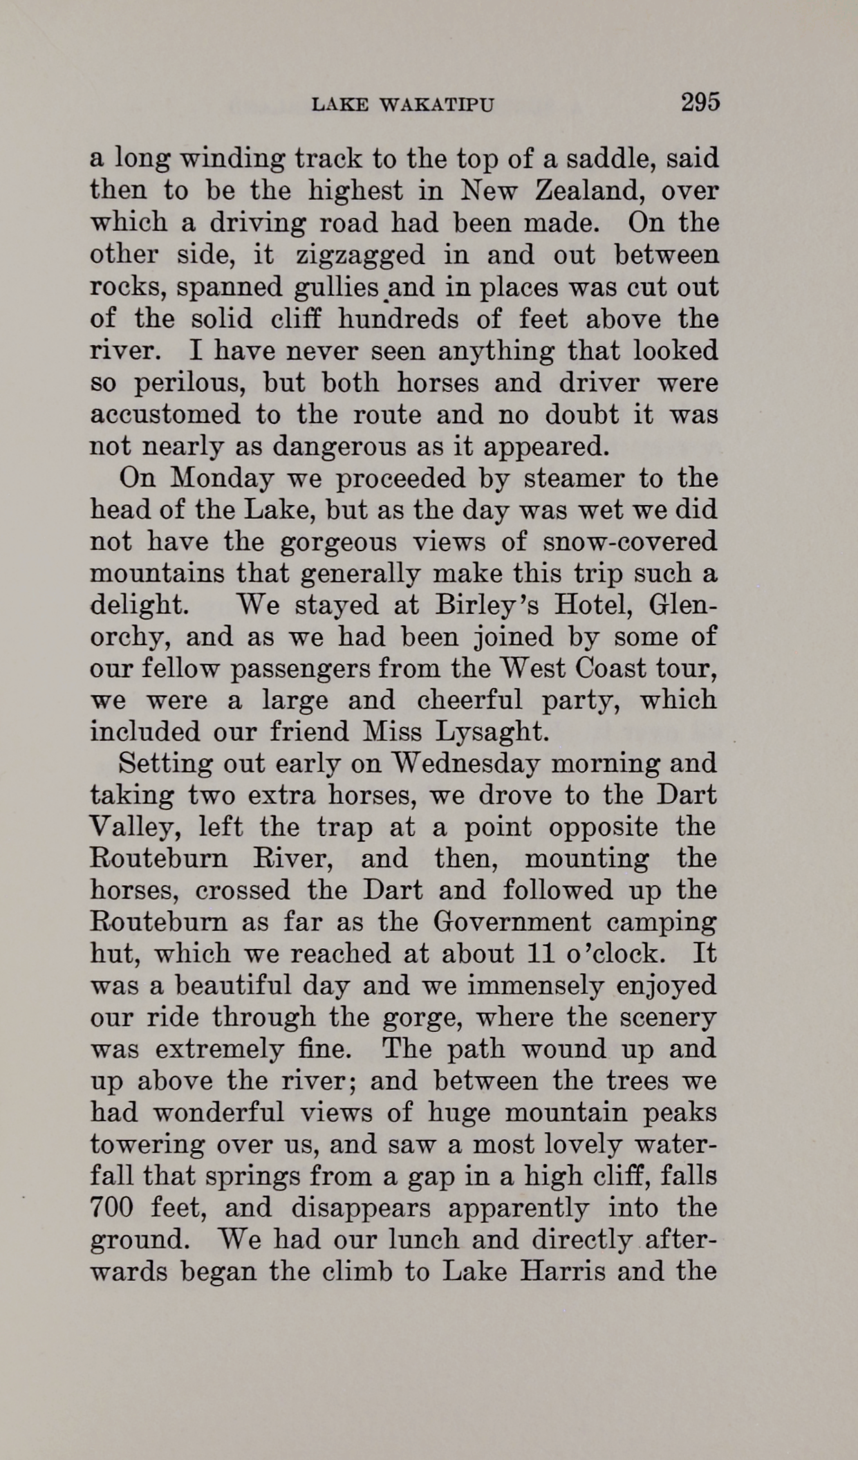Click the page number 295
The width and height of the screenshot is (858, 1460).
700,102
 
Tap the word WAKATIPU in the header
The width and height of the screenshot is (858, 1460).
439,105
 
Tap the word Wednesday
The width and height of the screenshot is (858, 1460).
463,764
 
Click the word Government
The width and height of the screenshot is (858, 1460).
512,923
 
